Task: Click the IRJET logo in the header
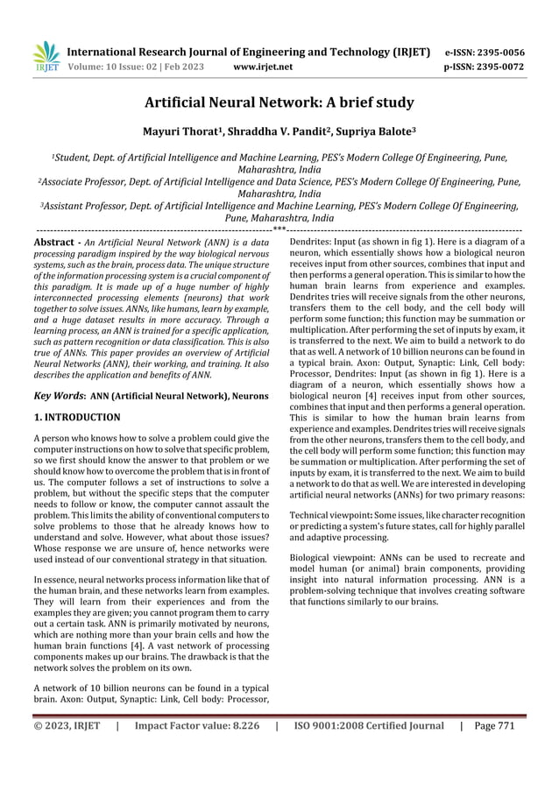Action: (46, 57)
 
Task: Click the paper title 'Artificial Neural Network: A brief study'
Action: (279, 103)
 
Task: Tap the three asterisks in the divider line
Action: (279, 229)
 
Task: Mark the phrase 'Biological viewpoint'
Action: (330, 557)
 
